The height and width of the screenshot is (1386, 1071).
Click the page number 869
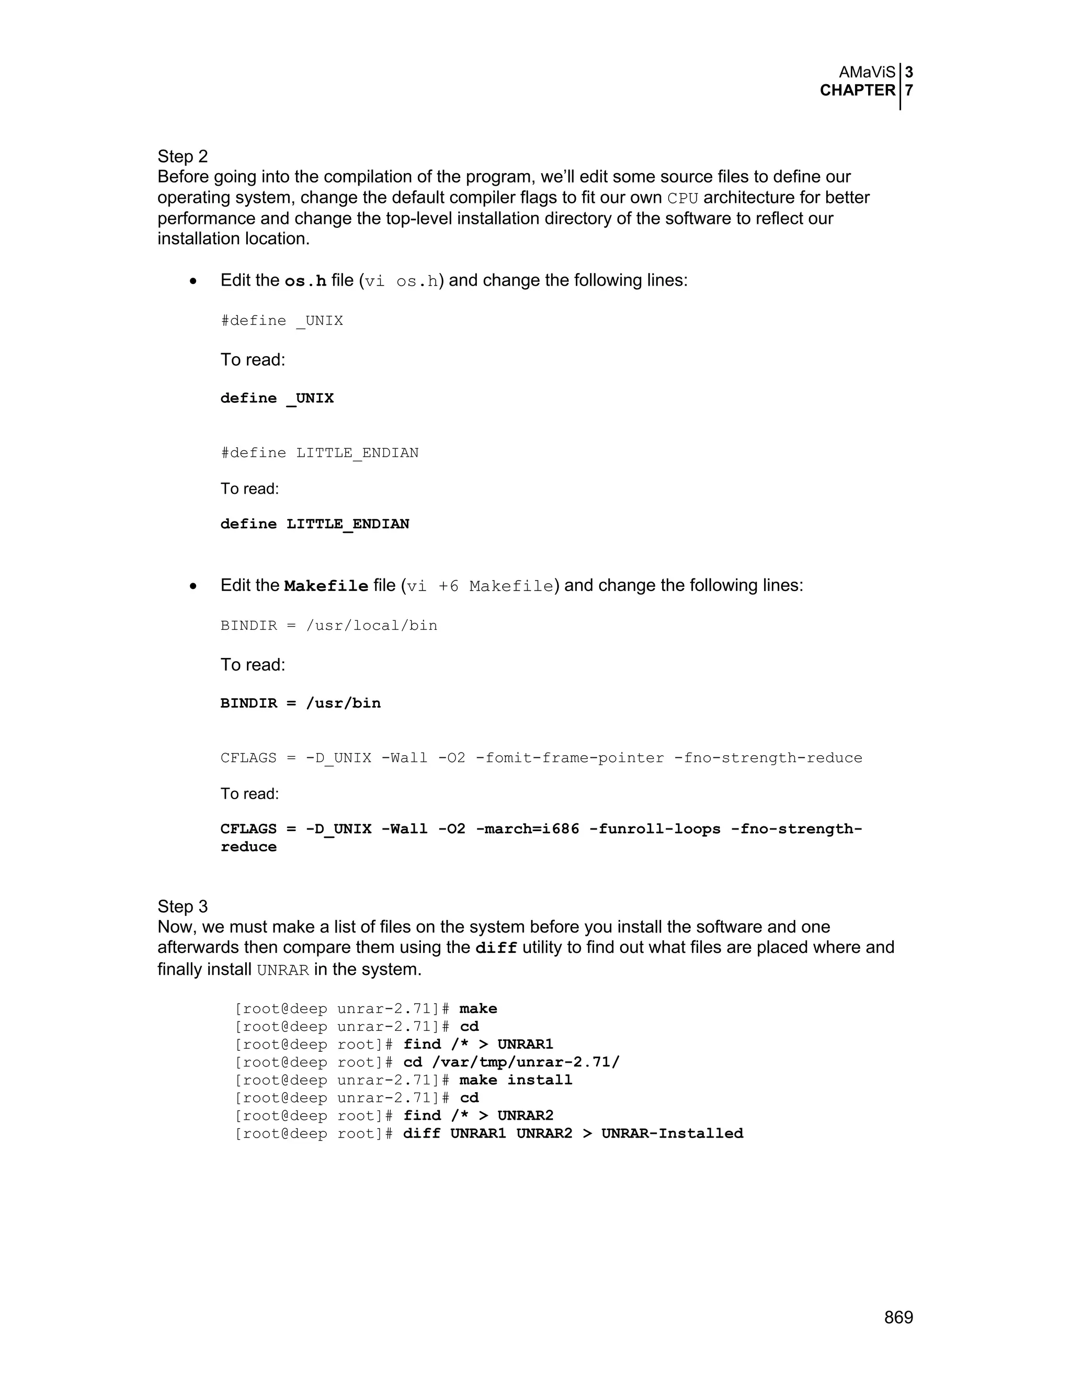tap(898, 1317)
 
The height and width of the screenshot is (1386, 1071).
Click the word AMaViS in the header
tap(867, 72)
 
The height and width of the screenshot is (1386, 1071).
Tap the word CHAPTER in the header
tap(857, 90)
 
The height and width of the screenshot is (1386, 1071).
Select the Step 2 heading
tap(183, 156)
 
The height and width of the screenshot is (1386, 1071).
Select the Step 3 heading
tap(183, 906)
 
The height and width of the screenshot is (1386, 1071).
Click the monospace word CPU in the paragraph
tap(682, 198)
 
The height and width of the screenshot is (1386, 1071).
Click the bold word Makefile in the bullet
tap(326, 586)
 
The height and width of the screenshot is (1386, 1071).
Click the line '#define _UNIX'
tap(282, 321)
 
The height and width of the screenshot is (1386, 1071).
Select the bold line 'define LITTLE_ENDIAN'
tap(315, 524)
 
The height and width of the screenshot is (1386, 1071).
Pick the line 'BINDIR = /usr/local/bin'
tap(328, 625)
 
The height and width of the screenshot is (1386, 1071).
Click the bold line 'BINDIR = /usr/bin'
tap(300, 703)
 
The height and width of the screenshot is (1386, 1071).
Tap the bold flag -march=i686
tap(527, 829)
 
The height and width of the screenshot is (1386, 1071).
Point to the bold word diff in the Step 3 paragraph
tap(496, 948)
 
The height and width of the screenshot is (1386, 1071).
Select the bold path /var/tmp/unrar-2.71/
tap(526, 1062)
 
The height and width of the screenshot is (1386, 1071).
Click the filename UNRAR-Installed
tap(672, 1133)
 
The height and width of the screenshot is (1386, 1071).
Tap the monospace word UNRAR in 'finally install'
tap(283, 970)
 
